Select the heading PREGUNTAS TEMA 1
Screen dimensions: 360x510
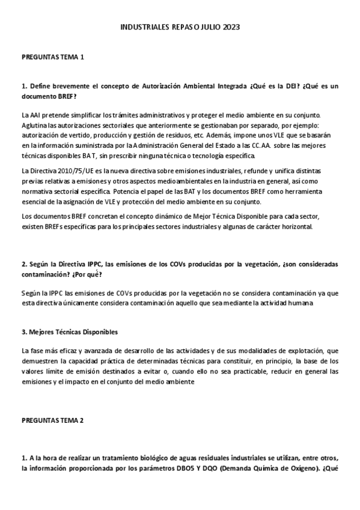tap(52, 57)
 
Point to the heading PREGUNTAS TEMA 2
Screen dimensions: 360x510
tap(52, 420)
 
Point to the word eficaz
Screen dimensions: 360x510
tap(69, 351)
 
